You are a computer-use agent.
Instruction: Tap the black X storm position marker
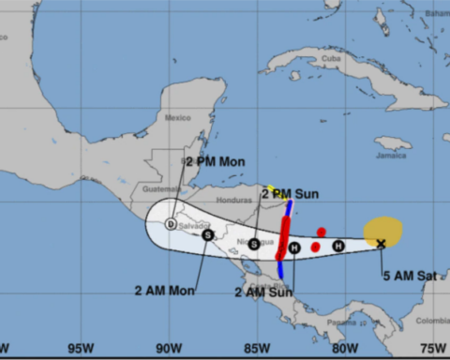(x=381, y=244)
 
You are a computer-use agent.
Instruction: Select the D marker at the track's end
(x=170, y=224)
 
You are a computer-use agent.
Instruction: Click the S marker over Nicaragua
(x=254, y=243)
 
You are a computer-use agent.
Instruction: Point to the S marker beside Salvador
(x=207, y=235)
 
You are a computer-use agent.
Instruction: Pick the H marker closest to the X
(x=338, y=246)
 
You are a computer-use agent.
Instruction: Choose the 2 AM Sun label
(x=263, y=292)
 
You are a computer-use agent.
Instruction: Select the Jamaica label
(x=393, y=142)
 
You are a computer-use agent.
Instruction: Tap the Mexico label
(x=177, y=117)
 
